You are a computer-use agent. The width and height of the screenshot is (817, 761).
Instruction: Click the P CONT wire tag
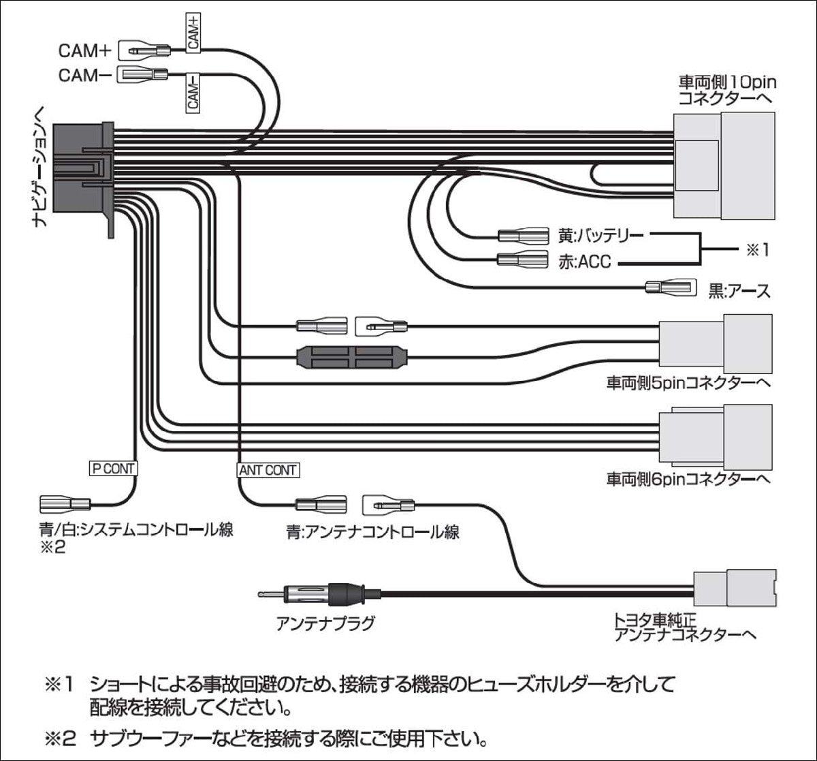(x=114, y=468)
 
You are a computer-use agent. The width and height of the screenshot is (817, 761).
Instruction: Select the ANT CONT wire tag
(x=268, y=470)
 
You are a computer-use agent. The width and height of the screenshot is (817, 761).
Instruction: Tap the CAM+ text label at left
(x=84, y=50)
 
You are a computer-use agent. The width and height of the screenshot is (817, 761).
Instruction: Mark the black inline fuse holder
(x=352, y=357)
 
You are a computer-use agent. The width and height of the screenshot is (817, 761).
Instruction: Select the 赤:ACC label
(x=583, y=260)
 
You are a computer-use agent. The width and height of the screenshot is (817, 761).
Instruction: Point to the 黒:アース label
(x=739, y=291)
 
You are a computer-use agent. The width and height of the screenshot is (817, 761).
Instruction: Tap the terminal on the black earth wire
(x=671, y=287)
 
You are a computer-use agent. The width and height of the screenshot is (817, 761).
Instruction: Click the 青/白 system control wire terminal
(x=65, y=505)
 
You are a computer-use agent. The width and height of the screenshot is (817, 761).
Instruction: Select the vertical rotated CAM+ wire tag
(x=194, y=31)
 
